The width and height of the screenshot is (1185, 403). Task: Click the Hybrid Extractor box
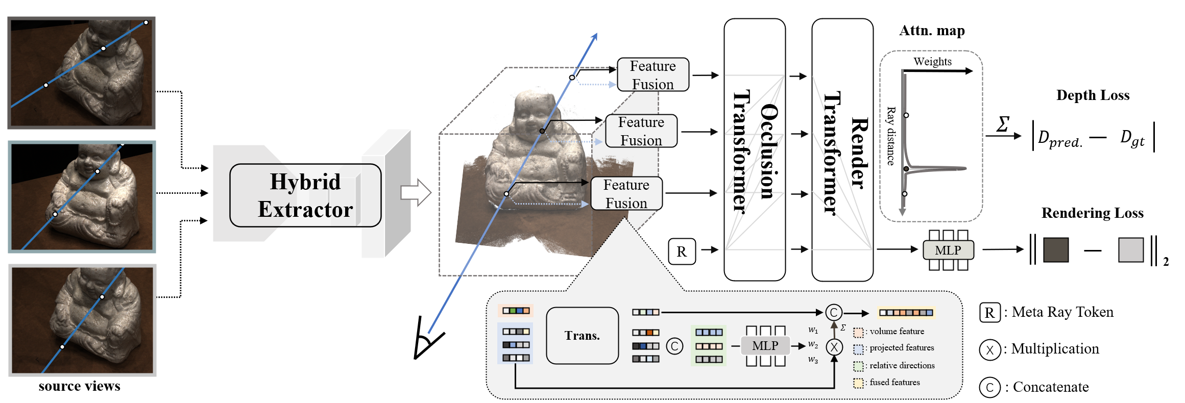tap(305, 195)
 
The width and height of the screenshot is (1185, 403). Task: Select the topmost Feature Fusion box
tap(652, 75)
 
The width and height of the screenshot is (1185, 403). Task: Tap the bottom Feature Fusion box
tap(626, 193)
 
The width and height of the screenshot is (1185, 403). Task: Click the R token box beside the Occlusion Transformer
tap(682, 251)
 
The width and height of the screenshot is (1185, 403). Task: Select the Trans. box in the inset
tap(582, 336)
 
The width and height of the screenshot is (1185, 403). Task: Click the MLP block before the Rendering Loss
tap(948, 250)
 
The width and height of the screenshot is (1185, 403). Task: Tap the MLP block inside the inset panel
tap(765, 346)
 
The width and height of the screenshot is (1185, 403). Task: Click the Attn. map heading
tap(932, 31)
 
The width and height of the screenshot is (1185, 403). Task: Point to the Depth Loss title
tap(1093, 95)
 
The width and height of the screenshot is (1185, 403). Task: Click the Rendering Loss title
tap(1092, 213)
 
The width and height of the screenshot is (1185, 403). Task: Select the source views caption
tap(80, 386)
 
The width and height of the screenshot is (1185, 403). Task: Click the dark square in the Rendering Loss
tap(1056, 250)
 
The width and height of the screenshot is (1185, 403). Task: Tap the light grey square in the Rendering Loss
tap(1130, 250)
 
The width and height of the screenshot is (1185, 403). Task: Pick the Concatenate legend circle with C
tap(989, 387)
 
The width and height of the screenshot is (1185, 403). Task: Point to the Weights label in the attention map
tap(932, 62)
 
